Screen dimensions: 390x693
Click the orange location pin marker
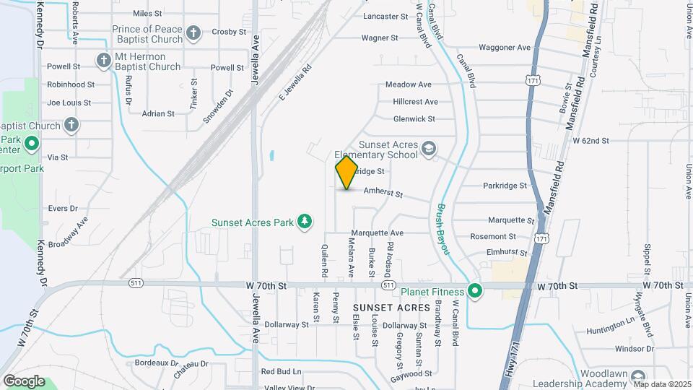click(x=346, y=172)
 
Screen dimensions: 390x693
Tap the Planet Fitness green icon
click(x=474, y=292)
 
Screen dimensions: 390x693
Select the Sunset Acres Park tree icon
click(x=305, y=221)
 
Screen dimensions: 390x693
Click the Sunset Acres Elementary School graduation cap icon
click(x=429, y=149)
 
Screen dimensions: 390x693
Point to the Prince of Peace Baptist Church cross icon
click(x=193, y=32)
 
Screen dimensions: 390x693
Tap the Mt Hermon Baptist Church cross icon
click(x=103, y=59)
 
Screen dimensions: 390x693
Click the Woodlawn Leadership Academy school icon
click(x=637, y=378)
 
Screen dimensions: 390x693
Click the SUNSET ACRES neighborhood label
click(x=392, y=308)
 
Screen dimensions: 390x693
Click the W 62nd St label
click(x=591, y=140)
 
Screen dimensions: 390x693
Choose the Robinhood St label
click(x=71, y=84)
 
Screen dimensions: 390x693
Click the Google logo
click(x=24, y=381)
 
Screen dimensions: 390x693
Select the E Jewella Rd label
click(x=295, y=83)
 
